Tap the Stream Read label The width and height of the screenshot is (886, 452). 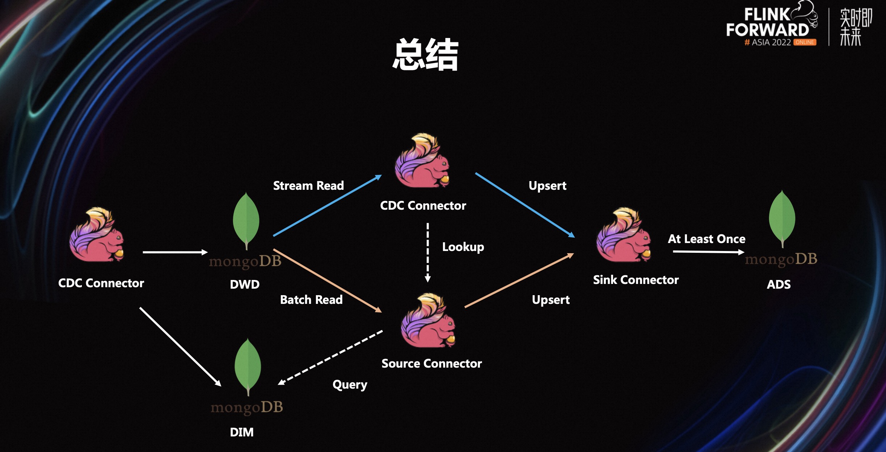pyautogui.click(x=308, y=185)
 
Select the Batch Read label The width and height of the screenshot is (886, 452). pyautogui.click(x=311, y=300)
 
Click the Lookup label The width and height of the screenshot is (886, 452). pyautogui.click(x=463, y=247)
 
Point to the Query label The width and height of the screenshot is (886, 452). pyautogui.click(x=350, y=384)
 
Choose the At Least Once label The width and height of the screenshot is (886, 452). pyautogui.click(x=706, y=239)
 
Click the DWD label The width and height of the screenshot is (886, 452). pyautogui.click(x=245, y=284)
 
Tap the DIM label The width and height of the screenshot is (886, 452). pyautogui.click(x=242, y=432)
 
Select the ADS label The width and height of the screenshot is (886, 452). pyautogui.click(x=779, y=284)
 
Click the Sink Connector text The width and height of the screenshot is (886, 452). pyautogui.click(x=636, y=280)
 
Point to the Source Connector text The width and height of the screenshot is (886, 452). pyautogui.click(x=432, y=363)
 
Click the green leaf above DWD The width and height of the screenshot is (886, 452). pyautogui.click(x=246, y=219)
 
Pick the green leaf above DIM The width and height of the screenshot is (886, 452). pyautogui.click(x=248, y=365)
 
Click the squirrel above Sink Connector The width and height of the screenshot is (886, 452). pyautogui.click(x=623, y=235)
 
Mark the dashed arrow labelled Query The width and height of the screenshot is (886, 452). pyautogui.click(x=330, y=357)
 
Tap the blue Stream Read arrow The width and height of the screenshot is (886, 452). pyautogui.click(x=327, y=206)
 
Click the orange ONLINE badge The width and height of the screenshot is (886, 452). pyautogui.click(x=805, y=42)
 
